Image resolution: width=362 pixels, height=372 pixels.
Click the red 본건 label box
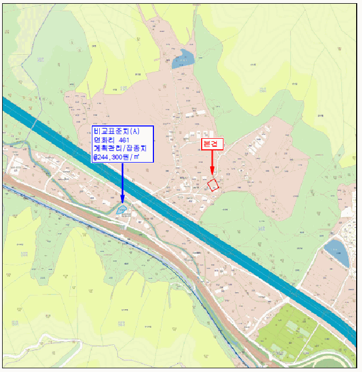(212, 144)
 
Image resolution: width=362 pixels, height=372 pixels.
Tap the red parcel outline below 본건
(213, 185)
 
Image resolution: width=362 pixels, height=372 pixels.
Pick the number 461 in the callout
(126, 140)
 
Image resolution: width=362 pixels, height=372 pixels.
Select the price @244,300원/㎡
(116, 157)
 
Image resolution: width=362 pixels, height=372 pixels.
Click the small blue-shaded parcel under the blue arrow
(122, 210)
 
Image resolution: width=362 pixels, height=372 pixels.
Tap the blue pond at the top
(183, 59)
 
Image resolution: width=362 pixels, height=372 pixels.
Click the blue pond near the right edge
(338, 253)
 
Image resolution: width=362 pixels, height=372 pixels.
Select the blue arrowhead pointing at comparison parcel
(123, 200)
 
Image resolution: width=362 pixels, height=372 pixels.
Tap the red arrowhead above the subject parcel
(212, 171)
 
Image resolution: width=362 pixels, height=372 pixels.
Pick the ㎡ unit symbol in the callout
(136, 157)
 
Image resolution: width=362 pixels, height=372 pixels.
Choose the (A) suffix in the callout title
(134, 131)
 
